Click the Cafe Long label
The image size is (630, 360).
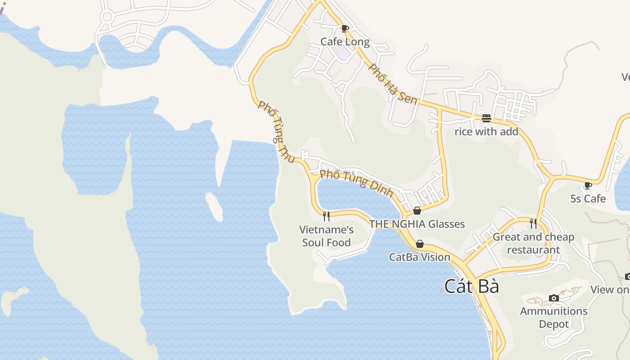345,42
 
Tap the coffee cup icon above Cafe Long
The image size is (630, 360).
345,29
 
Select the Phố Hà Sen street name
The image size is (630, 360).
393,84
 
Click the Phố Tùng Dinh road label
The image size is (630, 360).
356,183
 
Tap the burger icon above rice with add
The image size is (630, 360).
486,118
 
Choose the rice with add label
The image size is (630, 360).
486,131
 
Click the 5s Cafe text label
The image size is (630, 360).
588,198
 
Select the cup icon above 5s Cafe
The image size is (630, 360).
588,185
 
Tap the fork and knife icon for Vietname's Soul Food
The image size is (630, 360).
326,216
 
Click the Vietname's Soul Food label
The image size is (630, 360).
326,236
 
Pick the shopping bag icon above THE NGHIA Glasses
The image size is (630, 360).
417,211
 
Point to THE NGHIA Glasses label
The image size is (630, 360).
417,224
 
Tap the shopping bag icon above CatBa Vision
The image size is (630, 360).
420,244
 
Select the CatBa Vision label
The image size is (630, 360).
420,257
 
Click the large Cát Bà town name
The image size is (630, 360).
472,286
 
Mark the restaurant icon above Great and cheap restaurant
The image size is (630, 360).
533,224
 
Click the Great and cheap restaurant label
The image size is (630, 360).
533,243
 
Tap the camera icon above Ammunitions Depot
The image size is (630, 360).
554,298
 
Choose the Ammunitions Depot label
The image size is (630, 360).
554,317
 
